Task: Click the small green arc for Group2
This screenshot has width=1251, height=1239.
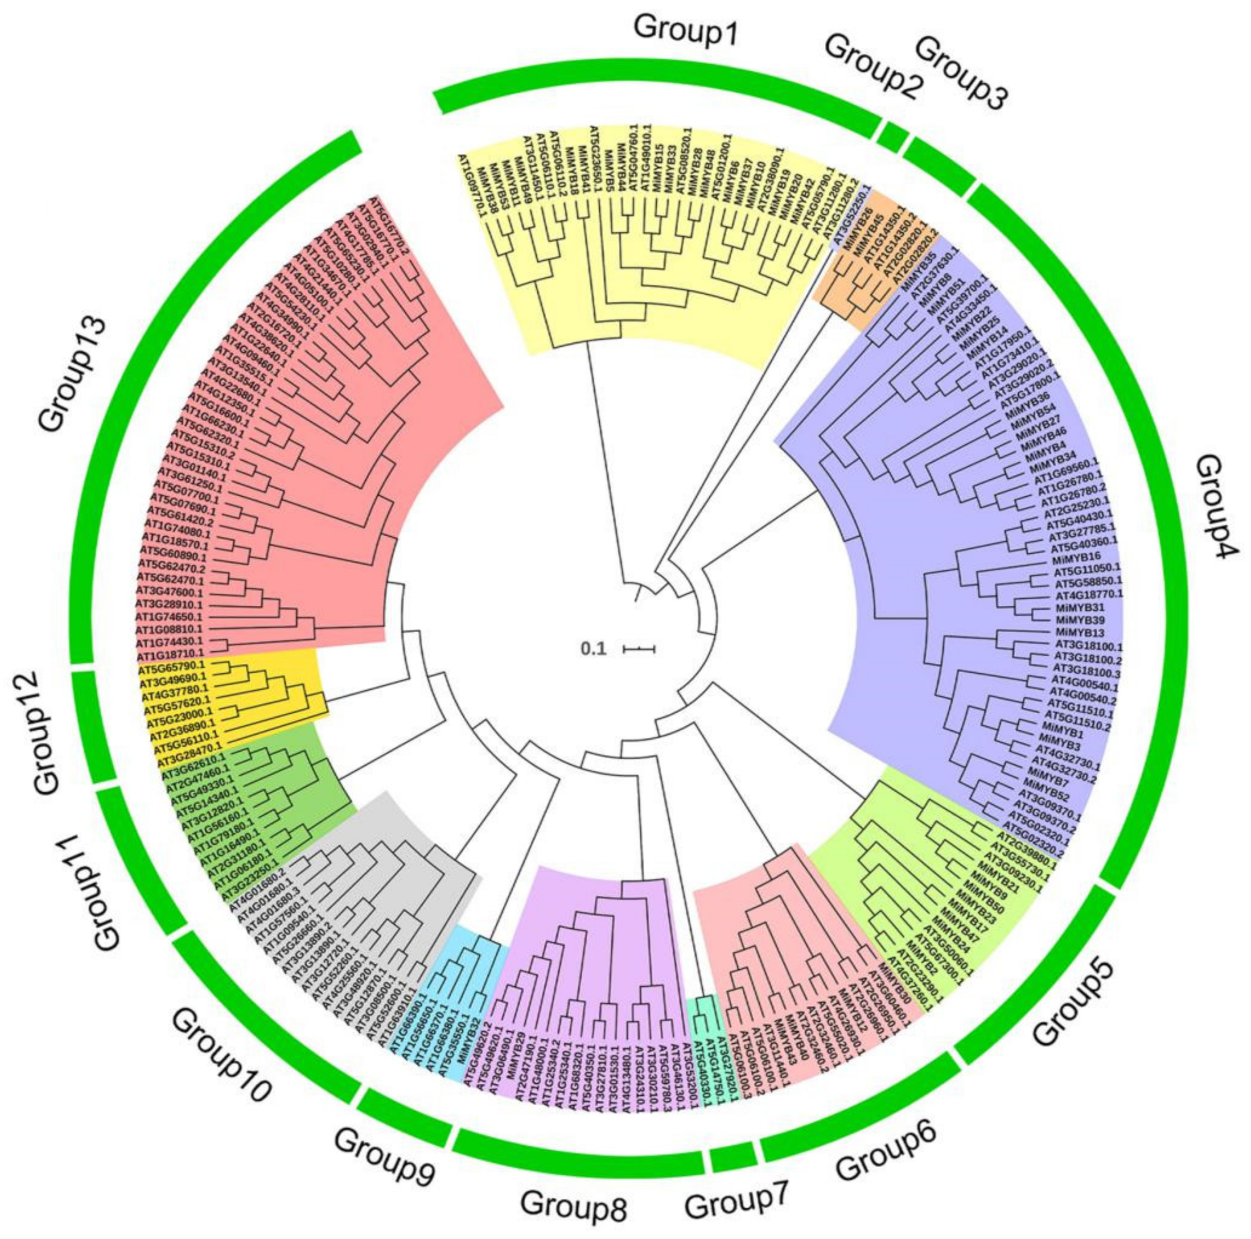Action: (893, 138)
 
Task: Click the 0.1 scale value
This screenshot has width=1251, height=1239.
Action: (592, 648)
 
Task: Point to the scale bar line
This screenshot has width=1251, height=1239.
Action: (639, 648)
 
